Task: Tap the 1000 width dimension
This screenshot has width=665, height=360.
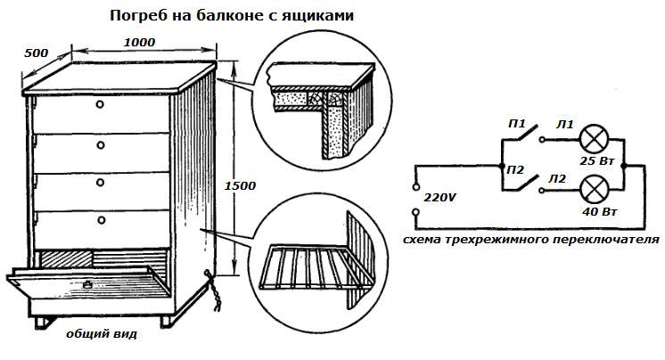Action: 139,42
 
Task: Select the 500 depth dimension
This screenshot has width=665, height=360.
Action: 36,53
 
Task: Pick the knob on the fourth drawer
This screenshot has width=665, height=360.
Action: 101,219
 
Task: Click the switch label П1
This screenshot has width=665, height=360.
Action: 516,123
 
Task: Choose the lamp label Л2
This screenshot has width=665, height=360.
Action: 559,179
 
